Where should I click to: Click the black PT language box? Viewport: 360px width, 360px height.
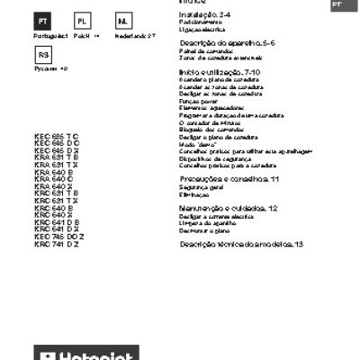coord(45,20)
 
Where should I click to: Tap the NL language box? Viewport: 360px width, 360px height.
coord(123,20)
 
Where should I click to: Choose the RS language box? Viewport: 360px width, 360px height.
coord(45,56)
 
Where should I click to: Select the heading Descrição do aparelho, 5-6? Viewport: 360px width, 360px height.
coord(227,43)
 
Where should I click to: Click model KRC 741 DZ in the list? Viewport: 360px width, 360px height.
coord(56,244)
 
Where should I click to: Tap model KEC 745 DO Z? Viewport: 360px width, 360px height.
coord(59,237)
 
